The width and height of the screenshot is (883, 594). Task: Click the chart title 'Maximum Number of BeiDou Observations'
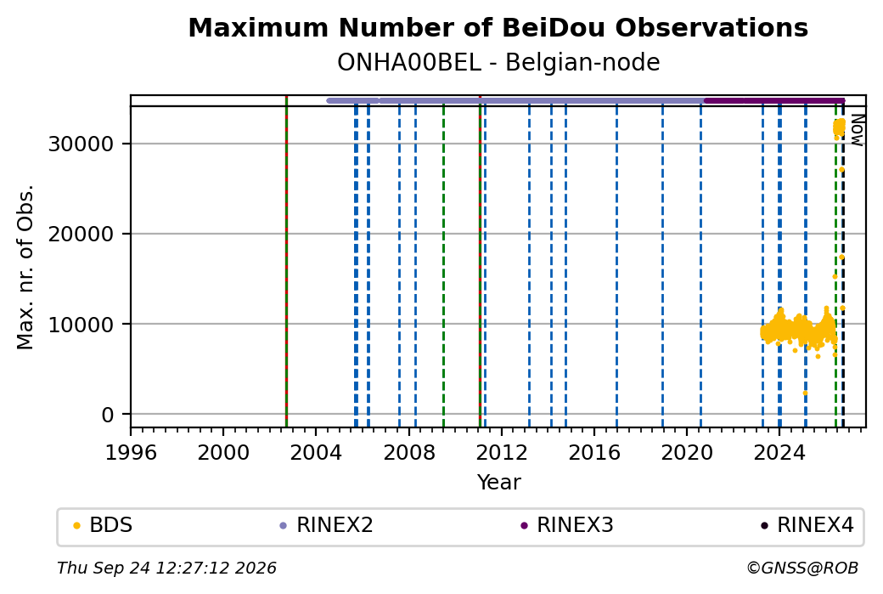(x=498, y=27)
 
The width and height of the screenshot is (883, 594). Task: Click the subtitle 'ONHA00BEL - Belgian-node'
(x=498, y=62)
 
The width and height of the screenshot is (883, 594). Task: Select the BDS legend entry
(x=103, y=525)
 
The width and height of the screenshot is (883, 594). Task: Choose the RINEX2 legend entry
(x=327, y=525)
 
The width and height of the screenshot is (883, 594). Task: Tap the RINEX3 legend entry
(x=567, y=525)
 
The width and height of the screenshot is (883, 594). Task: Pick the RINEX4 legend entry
(x=807, y=525)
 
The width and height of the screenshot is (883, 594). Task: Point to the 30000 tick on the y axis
(x=82, y=144)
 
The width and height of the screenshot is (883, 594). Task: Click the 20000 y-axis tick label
(x=82, y=234)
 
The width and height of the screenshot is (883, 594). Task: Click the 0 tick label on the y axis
(x=108, y=415)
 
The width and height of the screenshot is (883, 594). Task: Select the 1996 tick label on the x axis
(x=131, y=452)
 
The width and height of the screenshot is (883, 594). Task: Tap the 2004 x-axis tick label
(x=316, y=452)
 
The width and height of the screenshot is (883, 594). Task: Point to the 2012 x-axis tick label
(x=501, y=452)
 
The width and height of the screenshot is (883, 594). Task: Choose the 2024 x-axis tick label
(x=779, y=452)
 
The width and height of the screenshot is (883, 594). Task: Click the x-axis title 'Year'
(x=498, y=483)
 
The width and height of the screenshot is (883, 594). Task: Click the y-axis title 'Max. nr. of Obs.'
(x=25, y=267)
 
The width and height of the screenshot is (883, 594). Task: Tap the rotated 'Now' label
(x=857, y=130)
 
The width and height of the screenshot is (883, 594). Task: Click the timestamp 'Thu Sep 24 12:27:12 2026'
(x=166, y=568)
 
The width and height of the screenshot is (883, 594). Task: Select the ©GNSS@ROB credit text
(x=802, y=568)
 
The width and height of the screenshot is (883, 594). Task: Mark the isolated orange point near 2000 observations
(x=805, y=393)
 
